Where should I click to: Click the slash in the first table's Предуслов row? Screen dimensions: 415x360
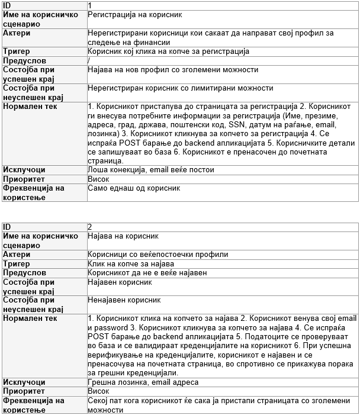coord(88,60)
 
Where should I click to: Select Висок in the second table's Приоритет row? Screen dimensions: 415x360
coord(98,391)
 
